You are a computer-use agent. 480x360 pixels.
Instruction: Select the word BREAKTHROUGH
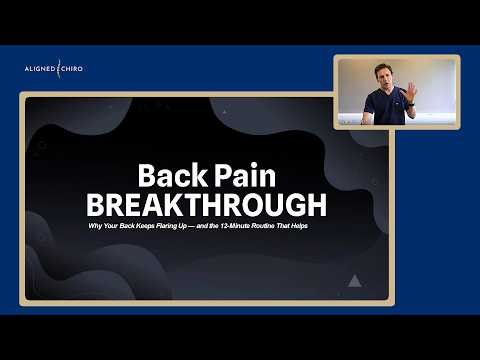[x=206, y=205]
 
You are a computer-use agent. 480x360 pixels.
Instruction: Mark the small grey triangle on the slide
[x=353, y=283]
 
